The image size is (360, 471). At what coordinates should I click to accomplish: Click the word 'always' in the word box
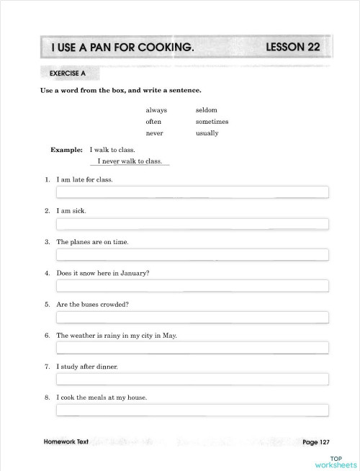(156, 110)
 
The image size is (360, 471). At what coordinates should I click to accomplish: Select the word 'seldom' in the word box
(206, 110)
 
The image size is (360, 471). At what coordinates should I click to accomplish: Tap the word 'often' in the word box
(153, 122)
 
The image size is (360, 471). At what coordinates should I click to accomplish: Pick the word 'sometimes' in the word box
(212, 122)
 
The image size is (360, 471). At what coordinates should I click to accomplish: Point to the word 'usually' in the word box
(207, 133)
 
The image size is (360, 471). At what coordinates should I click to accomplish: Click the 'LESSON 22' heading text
(292, 48)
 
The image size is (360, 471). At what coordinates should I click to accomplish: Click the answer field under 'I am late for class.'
(192, 192)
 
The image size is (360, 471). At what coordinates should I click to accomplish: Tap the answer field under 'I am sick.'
(192, 223)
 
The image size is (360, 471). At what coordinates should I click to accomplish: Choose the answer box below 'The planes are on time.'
(192, 254)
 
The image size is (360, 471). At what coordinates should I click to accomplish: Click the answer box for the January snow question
(192, 286)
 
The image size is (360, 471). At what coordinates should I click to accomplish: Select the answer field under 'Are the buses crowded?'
(192, 317)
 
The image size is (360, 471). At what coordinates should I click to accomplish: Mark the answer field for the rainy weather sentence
(192, 348)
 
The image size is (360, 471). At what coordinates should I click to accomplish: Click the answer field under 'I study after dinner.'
(192, 379)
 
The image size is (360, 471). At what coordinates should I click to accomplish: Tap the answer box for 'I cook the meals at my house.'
(192, 411)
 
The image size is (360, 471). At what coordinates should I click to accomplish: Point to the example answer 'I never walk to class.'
(130, 161)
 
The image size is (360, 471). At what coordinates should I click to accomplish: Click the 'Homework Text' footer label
(66, 441)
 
